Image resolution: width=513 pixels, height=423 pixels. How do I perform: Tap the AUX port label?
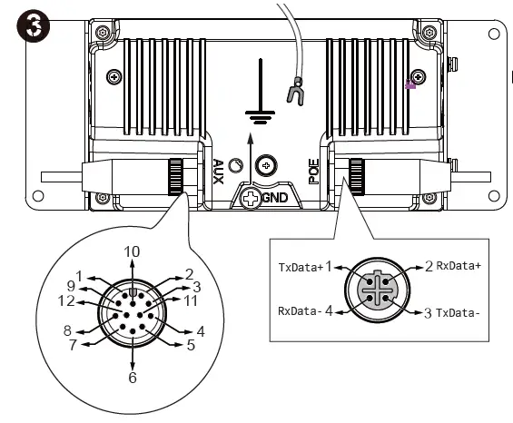[x=218, y=171]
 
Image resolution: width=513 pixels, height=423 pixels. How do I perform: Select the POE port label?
[x=313, y=171]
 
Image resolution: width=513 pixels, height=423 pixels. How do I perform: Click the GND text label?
[x=275, y=196]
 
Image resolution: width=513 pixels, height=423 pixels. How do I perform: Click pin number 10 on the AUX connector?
[x=133, y=251]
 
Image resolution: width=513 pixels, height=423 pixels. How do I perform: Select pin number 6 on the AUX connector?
[x=133, y=377]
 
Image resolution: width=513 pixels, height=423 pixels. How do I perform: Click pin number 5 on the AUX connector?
[x=191, y=345]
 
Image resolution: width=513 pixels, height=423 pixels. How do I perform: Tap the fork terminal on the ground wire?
[x=294, y=92]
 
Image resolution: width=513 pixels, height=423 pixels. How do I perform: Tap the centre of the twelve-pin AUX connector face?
[x=133, y=313]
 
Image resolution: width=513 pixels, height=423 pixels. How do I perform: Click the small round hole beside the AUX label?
[x=237, y=166]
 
